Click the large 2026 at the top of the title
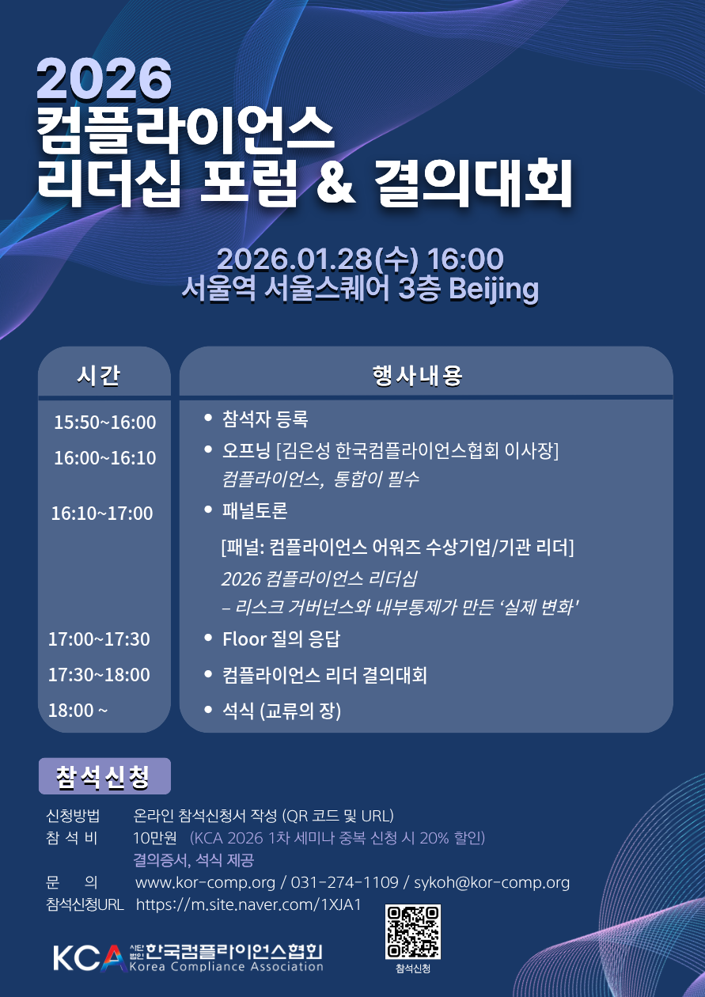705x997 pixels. point(104,78)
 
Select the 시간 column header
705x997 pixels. point(99,375)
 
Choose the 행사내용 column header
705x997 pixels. point(418,375)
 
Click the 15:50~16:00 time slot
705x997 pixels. point(105,423)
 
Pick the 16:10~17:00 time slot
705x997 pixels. point(102,514)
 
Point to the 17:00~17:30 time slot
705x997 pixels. point(99,639)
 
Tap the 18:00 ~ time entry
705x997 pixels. point(78,711)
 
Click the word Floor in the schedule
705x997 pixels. point(244,639)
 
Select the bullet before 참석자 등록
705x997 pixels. point(207,418)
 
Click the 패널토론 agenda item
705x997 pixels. point(255,510)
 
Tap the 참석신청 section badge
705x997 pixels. point(104,776)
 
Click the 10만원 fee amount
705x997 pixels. point(155,838)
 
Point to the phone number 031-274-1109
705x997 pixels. point(344,882)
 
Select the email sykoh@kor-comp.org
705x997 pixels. point(492,883)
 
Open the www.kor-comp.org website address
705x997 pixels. point(205,883)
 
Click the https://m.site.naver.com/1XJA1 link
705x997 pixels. point(248,905)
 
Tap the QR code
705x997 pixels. point(413,931)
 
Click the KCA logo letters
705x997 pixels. point(89,957)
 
